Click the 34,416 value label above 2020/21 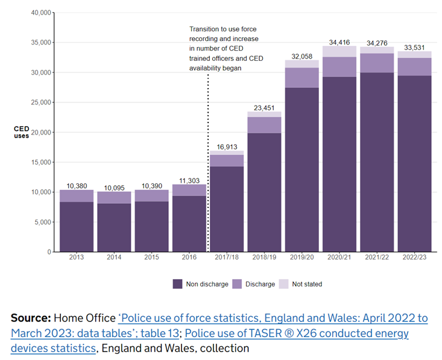click(x=339, y=42)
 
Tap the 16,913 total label click(x=227, y=147)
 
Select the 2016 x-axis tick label click(x=189, y=257)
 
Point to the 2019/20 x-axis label click(x=302, y=257)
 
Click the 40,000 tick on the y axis click(x=40, y=13)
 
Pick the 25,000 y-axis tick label click(x=40, y=103)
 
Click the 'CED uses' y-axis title click(x=22, y=132)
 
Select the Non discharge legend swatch click(x=178, y=284)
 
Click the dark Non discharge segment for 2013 click(x=77, y=227)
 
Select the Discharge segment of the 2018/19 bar click(x=264, y=125)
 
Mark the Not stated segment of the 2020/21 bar click(x=339, y=51)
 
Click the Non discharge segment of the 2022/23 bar click(x=414, y=163)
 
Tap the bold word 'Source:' click(x=30, y=318)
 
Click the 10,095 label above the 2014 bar click(x=115, y=187)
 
